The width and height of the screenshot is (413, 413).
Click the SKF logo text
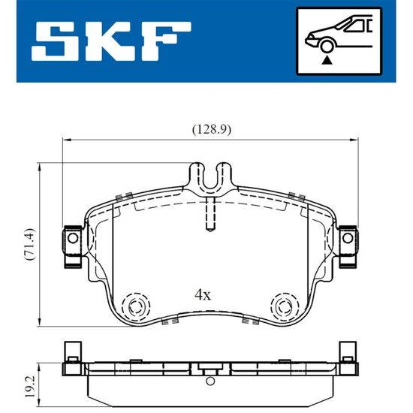point(111,41)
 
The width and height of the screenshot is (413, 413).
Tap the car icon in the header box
point(339,33)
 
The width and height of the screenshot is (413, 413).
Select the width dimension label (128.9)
point(212,130)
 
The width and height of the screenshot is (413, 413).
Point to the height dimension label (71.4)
point(29,244)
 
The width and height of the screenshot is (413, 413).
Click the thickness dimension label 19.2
point(30,387)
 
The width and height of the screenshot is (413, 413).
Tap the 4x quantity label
point(203,295)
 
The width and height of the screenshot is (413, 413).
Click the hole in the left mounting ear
point(73,238)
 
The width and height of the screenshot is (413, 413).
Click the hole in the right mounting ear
point(348,238)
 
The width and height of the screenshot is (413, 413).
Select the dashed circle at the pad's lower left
point(136,306)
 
